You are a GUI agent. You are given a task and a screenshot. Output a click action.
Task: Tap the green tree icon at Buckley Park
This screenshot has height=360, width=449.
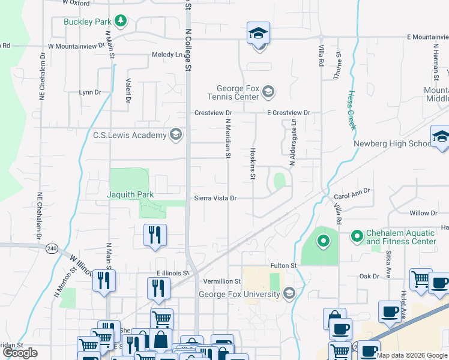[121, 22]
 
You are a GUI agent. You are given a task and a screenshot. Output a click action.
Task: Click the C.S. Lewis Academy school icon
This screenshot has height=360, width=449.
[175, 134]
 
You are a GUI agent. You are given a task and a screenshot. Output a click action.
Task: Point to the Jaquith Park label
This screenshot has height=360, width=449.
[130, 194]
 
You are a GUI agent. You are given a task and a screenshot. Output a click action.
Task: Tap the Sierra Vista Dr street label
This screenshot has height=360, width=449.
[215, 198]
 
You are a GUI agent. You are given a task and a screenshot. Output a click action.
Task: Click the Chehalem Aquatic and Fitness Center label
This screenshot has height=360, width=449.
[401, 237]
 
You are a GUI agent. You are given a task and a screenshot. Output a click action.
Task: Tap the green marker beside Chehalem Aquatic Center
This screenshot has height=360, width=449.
[324, 241]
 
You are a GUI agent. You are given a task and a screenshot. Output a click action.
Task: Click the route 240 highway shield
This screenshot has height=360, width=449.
[52, 248]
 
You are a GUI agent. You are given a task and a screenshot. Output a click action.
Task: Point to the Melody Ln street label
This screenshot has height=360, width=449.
[166, 55]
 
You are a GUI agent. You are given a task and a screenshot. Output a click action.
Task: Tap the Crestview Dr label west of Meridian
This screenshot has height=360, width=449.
[212, 113]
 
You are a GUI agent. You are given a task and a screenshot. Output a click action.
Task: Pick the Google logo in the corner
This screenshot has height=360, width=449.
[20, 353]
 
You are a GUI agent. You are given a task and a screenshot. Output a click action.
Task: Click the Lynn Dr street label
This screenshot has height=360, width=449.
[90, 92]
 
